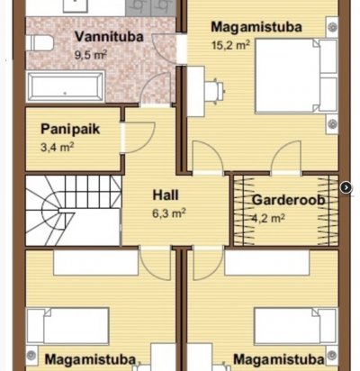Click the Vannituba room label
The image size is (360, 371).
coord(109,37)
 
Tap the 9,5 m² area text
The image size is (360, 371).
coord(91,55)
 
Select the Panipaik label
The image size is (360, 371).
coord(70,129)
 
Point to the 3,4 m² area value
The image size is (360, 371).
coord(57,148)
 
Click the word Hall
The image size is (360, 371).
coord(166,195)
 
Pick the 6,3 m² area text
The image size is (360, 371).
coord(169,213)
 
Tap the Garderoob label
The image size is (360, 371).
coord(288,200)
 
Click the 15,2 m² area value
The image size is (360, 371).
coord(230,45)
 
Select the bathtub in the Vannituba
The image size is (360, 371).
coord(66,86)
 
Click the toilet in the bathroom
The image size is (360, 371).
coord(40,43)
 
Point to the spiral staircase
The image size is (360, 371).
coord(73,211)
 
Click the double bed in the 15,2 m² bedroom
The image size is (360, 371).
coord(296,76)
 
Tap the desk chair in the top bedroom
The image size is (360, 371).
coord(214,91)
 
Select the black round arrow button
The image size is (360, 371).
coord(346,188)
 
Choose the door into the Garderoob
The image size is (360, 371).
coord(286,158)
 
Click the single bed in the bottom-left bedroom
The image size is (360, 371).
coord(67,326)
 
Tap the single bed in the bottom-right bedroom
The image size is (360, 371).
coord(296,326)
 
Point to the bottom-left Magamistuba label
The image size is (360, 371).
coord(90,359)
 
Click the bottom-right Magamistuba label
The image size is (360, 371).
coord(279,359)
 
